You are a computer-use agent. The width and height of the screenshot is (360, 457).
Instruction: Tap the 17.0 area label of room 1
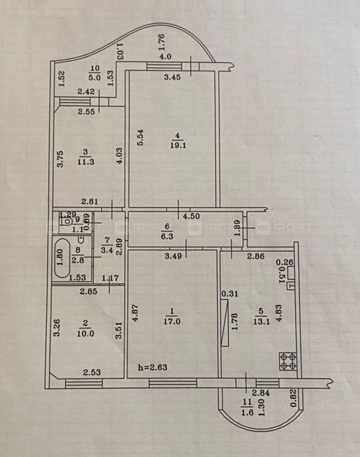click(172, 321)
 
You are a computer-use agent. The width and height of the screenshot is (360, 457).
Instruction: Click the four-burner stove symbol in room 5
click(288, 361)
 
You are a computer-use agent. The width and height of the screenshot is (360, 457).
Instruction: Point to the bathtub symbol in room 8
click(62, 259)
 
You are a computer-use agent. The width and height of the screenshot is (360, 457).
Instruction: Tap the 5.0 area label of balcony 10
click(94, 77)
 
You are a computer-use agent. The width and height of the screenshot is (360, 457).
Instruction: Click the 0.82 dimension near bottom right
click(294, 397)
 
